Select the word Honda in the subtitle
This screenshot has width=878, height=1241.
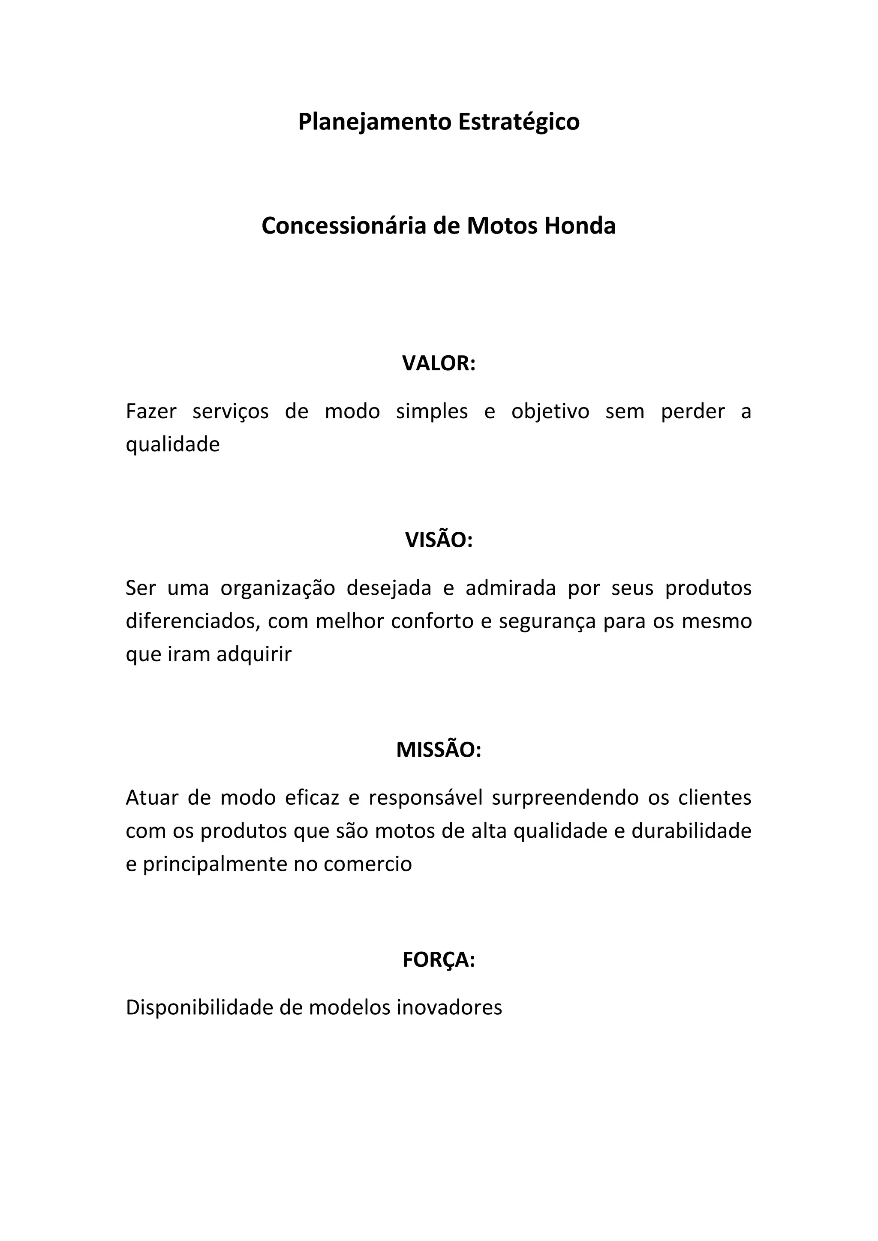580,226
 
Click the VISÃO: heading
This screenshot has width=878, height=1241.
439,540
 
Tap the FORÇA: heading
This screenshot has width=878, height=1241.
439,959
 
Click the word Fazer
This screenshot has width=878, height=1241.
151,411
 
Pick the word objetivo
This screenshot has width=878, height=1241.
550,412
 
